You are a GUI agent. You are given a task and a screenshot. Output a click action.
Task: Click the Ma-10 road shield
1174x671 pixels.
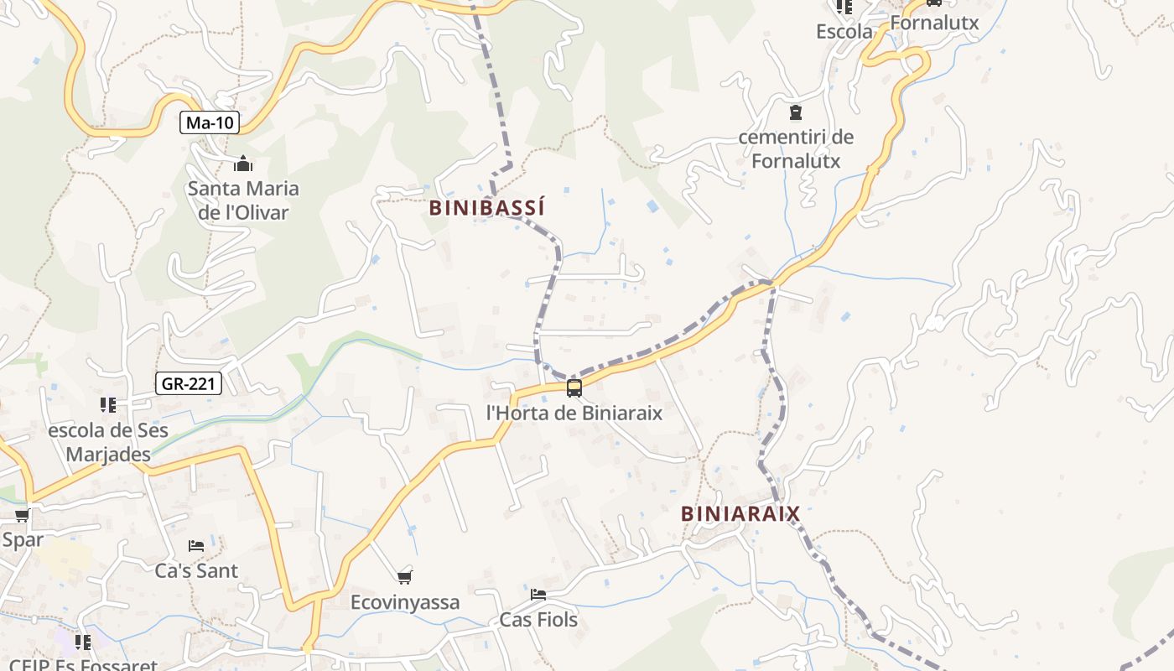[210, 123]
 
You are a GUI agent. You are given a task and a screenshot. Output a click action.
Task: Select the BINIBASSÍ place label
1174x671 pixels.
[486, 208]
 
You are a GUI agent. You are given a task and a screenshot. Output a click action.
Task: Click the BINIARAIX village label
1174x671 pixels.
[740, 513]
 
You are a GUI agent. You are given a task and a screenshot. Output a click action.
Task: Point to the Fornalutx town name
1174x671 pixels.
[934, 23]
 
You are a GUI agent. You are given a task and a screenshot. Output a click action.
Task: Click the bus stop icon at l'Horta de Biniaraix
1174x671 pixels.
[574, 388]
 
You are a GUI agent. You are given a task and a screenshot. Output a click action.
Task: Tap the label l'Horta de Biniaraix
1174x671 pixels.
[574, 413]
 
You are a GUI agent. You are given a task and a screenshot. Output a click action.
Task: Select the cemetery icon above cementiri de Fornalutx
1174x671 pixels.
[795, 112]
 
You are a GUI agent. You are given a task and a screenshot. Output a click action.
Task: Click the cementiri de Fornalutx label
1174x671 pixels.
[796, 148]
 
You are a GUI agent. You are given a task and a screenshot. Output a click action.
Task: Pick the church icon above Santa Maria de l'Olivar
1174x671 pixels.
[243, 164]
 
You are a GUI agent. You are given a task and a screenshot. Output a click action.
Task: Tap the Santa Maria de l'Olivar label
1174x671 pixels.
[243, 200]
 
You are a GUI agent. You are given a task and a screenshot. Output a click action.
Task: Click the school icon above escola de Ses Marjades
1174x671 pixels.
[107, 405]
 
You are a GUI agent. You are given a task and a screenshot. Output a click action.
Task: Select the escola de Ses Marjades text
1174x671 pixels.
[108, 443]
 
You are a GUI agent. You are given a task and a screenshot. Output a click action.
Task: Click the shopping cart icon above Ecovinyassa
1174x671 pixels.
[405, 576]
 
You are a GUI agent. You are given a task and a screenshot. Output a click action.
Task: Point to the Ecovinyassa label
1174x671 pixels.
[405, 602]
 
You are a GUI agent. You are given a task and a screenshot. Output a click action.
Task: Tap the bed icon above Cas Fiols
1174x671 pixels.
[538, 594]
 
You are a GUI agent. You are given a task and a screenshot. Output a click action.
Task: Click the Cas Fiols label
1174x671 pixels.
[538, 620]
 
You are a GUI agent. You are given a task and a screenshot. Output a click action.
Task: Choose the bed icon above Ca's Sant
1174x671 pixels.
[196, 545]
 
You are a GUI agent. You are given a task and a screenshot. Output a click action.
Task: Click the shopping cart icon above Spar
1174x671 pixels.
[22, 515]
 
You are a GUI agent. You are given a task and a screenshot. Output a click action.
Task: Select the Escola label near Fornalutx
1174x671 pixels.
[844, 32]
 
